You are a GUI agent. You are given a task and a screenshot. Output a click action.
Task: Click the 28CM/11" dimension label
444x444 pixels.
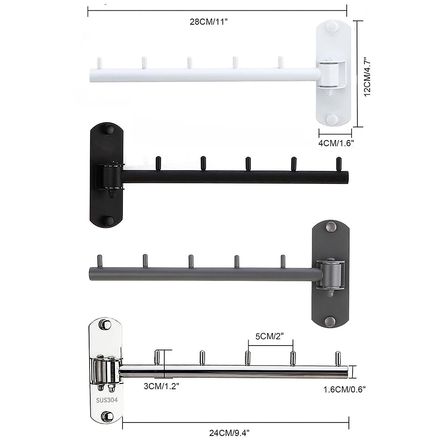(208, 22)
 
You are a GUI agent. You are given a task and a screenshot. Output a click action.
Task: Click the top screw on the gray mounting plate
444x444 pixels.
(330, 226)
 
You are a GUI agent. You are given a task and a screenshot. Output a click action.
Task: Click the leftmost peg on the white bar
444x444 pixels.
(99, 63)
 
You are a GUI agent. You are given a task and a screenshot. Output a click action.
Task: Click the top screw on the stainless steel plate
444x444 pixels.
(106, 324)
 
